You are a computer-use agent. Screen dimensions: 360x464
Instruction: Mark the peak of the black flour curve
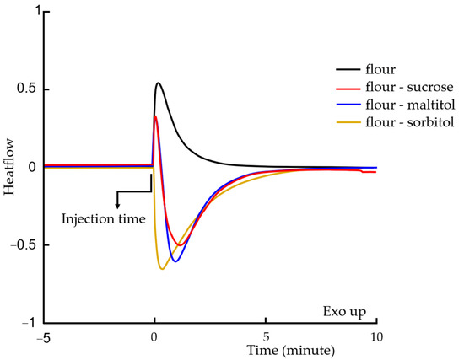[x=158, y=83]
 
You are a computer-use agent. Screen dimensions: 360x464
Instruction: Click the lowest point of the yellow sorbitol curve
[x=162, y=269]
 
